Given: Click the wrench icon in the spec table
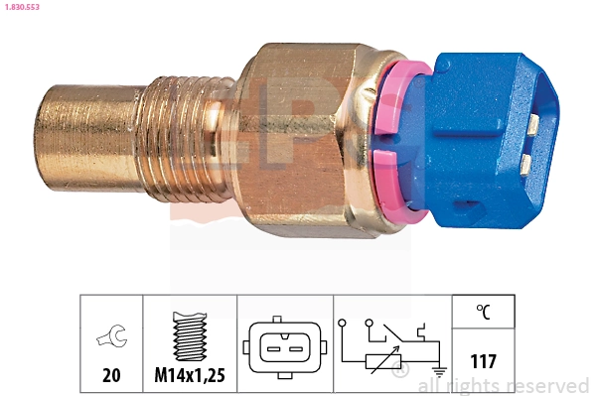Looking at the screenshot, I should click(111, 339).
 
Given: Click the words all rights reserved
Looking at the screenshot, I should click(503, 385).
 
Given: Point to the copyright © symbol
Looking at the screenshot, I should click(400, 372).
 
